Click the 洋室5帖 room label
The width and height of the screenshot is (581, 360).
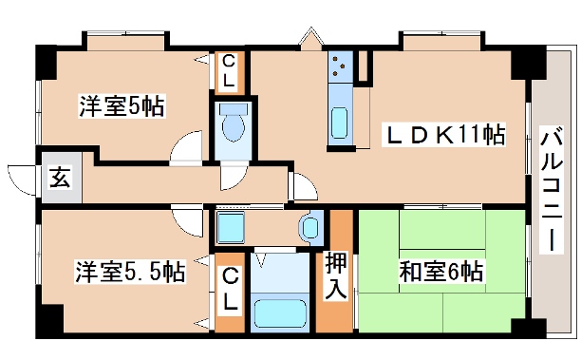point(121,105)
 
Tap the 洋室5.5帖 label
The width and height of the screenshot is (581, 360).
point(130,273)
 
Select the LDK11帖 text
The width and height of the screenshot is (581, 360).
point(442,134)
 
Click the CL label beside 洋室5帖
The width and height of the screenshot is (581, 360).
point(230,70)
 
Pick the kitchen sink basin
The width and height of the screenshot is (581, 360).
point(340,123)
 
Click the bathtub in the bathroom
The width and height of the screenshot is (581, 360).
point(281,313)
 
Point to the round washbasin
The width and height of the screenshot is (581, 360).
point(310,228)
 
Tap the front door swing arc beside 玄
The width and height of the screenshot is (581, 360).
point(21,177)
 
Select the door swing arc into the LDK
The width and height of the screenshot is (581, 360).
point(303,187)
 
